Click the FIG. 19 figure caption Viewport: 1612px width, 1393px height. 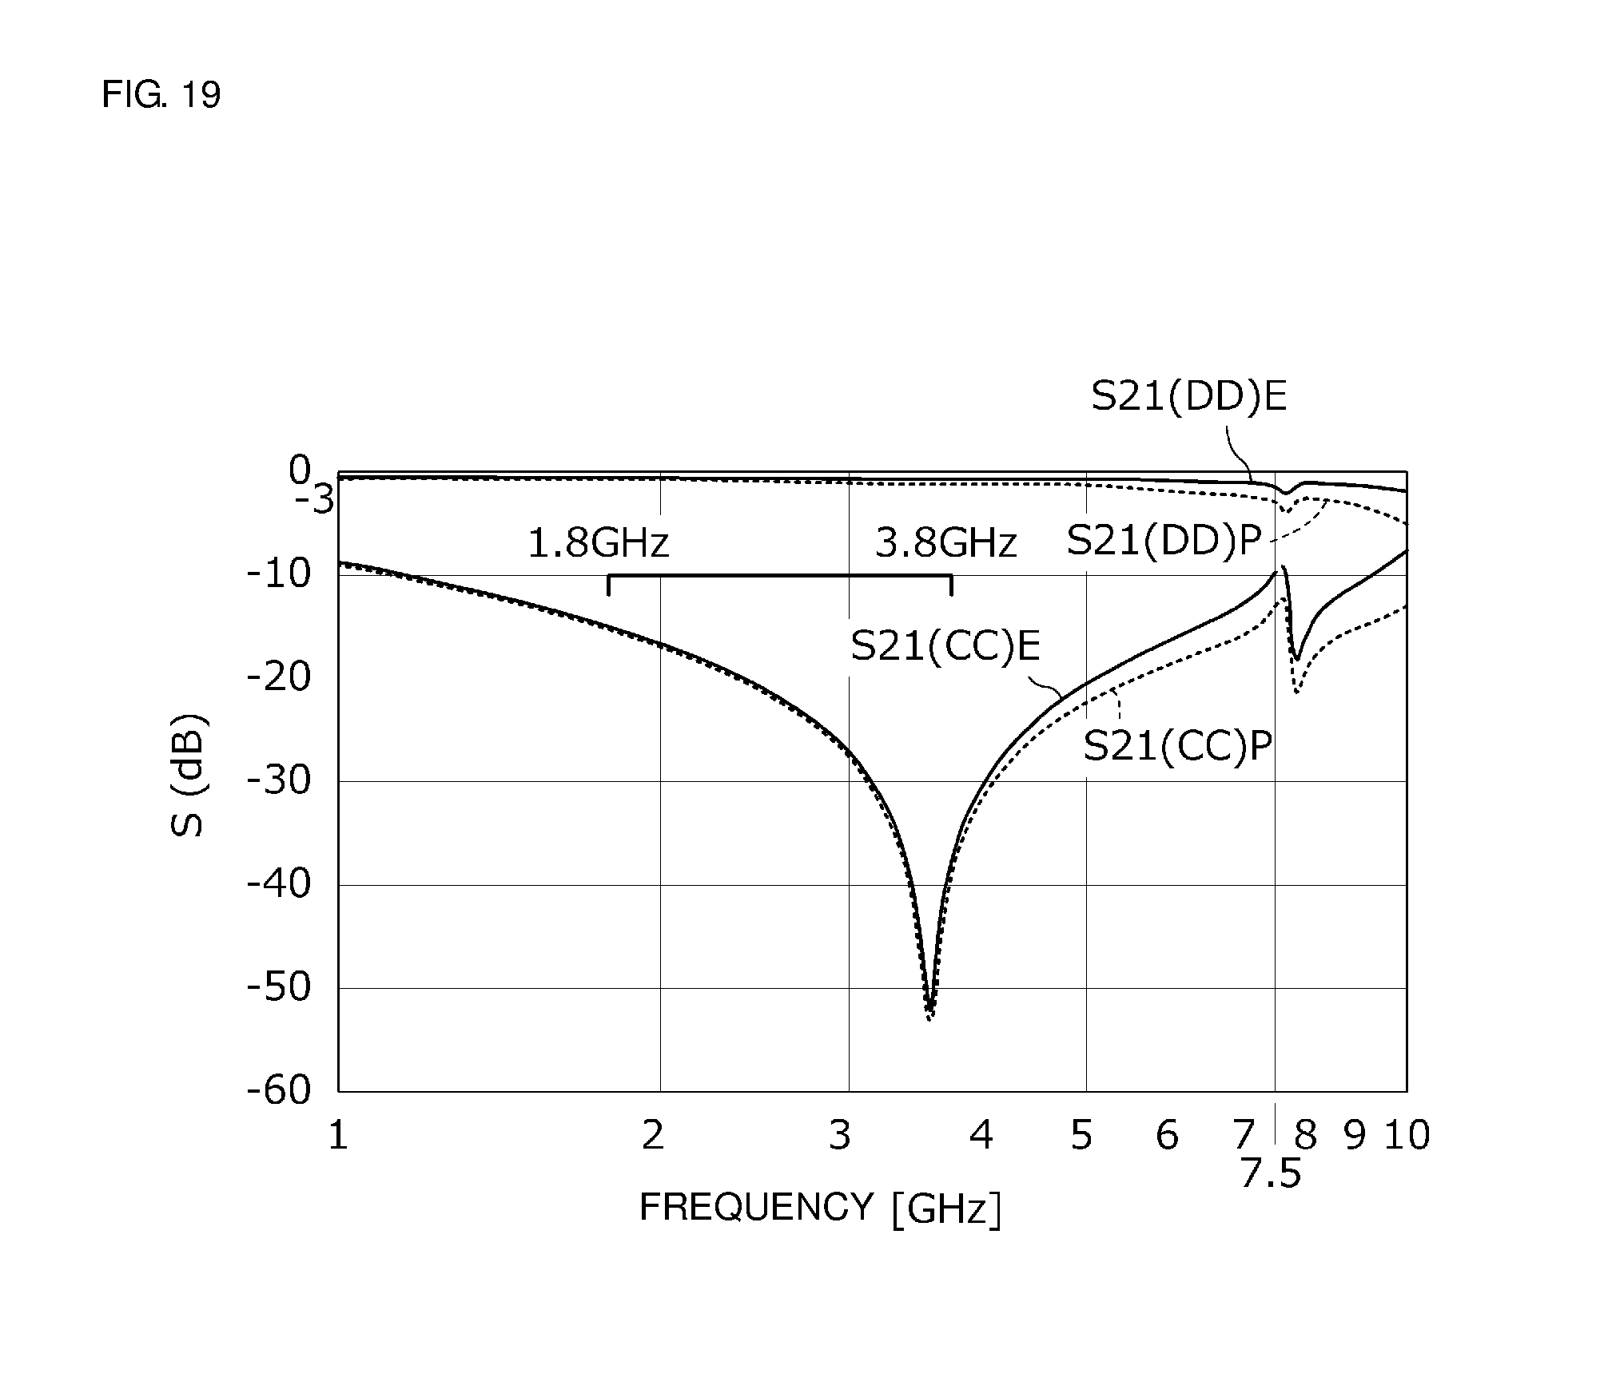pos(161,95)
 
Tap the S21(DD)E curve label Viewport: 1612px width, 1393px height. pos(1189,397)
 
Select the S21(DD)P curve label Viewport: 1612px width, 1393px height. pos(1164,542)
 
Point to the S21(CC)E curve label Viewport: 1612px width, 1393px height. pos(945,645)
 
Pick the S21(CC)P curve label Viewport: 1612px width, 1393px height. pos(1177,748)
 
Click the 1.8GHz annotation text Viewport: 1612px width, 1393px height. pos(598,544)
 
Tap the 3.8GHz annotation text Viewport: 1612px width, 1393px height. pos(945,544)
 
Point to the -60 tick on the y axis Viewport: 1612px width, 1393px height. pos(279,1090)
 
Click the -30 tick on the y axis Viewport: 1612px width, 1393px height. pos(279,780)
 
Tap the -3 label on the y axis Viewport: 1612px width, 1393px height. pos(314,502)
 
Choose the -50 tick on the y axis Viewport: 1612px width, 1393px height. pos(279,987)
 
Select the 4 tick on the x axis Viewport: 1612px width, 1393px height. pos(981,1135)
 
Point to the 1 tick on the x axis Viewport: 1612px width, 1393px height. pos(338,1135)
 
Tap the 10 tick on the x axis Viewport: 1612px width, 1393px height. pos(1407,1135)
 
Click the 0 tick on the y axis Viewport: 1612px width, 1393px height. pos(299,470)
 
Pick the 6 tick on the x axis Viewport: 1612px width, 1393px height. pos(1167,1135)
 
